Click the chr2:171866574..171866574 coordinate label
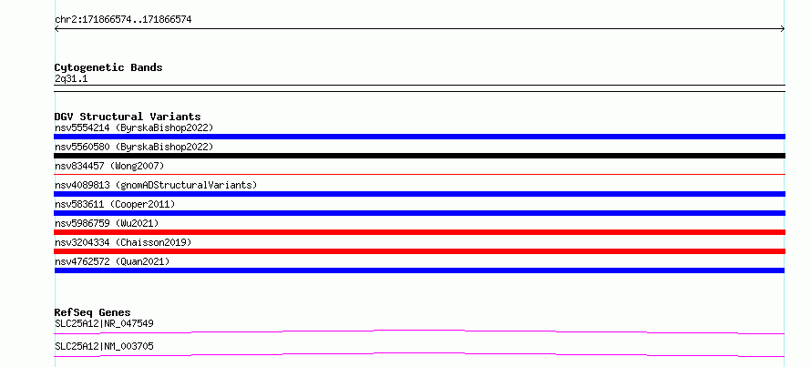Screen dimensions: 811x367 123,20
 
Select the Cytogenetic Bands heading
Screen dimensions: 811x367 108,67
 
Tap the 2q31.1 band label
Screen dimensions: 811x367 71,79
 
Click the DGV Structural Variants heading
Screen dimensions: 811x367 128,117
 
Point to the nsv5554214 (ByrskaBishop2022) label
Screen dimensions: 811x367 134,127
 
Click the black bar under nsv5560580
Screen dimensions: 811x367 419,156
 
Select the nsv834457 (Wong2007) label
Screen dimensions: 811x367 109,166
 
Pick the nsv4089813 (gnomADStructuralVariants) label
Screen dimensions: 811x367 156,185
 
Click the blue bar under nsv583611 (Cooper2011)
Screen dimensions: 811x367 419,213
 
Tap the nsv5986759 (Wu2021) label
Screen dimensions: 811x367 107,223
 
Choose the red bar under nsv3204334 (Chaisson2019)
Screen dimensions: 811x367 419,251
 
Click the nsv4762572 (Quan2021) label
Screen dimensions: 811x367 112,261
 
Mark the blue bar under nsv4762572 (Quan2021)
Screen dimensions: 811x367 419,270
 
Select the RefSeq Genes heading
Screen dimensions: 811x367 93,312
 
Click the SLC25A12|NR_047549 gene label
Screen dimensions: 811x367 104,323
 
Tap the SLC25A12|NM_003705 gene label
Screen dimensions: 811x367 104,346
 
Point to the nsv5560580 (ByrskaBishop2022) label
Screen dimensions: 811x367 134,147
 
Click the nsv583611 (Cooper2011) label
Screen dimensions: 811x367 115,204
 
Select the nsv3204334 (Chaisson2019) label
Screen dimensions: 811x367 123,242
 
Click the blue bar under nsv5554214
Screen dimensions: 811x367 419,137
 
